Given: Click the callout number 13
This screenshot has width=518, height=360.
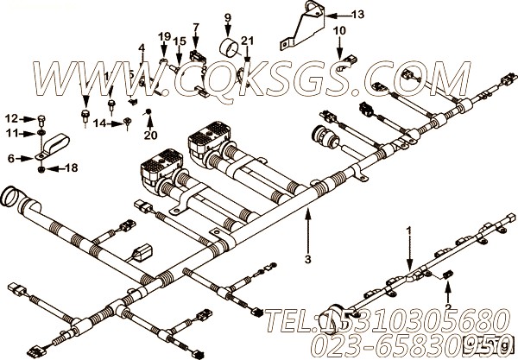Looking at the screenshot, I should (x=358, y=15).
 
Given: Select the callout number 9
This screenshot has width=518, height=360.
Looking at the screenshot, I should (x=228, y=16).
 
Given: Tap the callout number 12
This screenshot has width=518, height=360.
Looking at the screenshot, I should (x=10, y=118).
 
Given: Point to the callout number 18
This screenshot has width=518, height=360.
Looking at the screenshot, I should (x=72, y=168).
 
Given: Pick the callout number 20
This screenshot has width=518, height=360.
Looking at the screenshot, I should (x=151, y=134).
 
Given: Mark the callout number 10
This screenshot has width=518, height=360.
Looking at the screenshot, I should (x=339, y=30).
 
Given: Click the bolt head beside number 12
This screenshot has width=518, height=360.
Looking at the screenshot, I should (x=41, y=118).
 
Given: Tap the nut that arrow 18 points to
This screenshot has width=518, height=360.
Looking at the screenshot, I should (x=42, y=168).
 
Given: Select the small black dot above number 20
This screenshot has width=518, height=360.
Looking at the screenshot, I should (x=148, y=112).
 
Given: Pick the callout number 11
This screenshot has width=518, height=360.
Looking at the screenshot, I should (x=10, y=133).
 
